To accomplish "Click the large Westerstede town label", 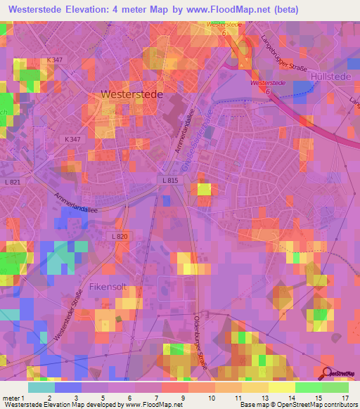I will point(132,93).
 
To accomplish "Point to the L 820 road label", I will point(120,237).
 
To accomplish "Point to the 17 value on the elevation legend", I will point(345,398).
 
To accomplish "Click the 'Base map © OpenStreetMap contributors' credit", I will point(296,405).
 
